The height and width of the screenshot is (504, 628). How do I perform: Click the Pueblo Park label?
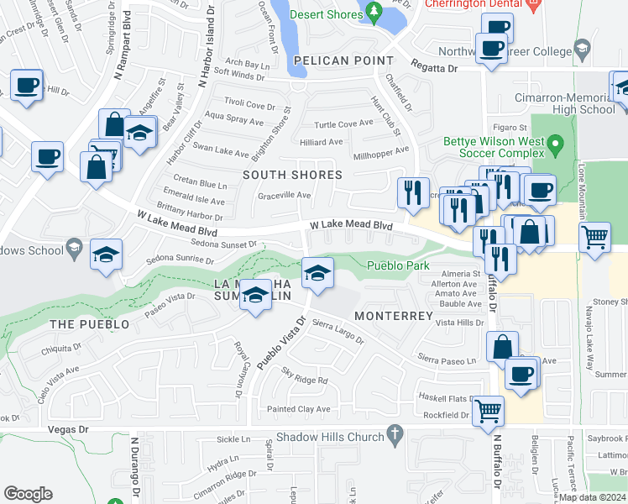[399, 265]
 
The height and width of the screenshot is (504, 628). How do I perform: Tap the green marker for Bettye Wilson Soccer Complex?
[554, 148]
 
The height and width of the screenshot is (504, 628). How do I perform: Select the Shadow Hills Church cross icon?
[392, 434]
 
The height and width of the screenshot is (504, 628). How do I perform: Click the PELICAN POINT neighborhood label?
[343, 60]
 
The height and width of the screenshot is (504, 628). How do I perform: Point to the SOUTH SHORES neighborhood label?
[292, 175]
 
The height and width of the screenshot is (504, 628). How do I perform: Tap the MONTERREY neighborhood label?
[393, 316]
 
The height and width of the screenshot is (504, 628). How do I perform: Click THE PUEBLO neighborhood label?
[90, 324]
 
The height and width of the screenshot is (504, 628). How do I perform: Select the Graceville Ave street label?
[284, 196]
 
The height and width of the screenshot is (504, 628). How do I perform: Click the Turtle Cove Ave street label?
[343, 124]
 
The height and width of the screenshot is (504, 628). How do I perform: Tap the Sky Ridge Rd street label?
[304, 381]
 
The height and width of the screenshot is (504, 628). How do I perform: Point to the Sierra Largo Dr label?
[338, 331]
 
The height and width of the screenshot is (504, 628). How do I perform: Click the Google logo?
[28, 494]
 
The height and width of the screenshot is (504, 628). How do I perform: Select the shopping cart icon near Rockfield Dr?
[488, 411]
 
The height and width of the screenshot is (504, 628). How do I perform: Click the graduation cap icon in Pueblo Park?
[317, 272]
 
